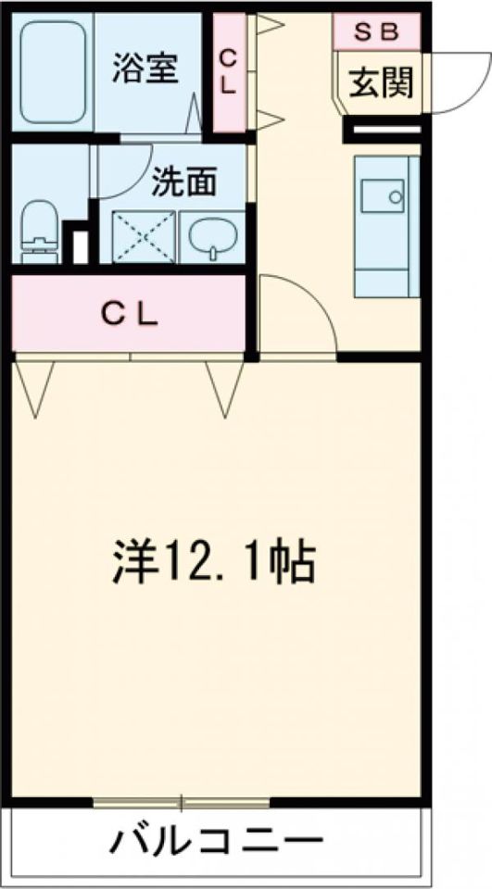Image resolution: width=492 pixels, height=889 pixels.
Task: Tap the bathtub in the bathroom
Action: point(53,72)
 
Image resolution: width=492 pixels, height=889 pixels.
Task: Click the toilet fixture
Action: point(39,230)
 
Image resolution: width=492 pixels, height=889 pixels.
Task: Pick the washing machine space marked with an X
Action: point(144,237)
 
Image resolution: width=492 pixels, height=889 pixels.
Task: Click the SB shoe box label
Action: point(376,31)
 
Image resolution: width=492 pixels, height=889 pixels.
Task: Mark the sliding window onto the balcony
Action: point(182,802)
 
